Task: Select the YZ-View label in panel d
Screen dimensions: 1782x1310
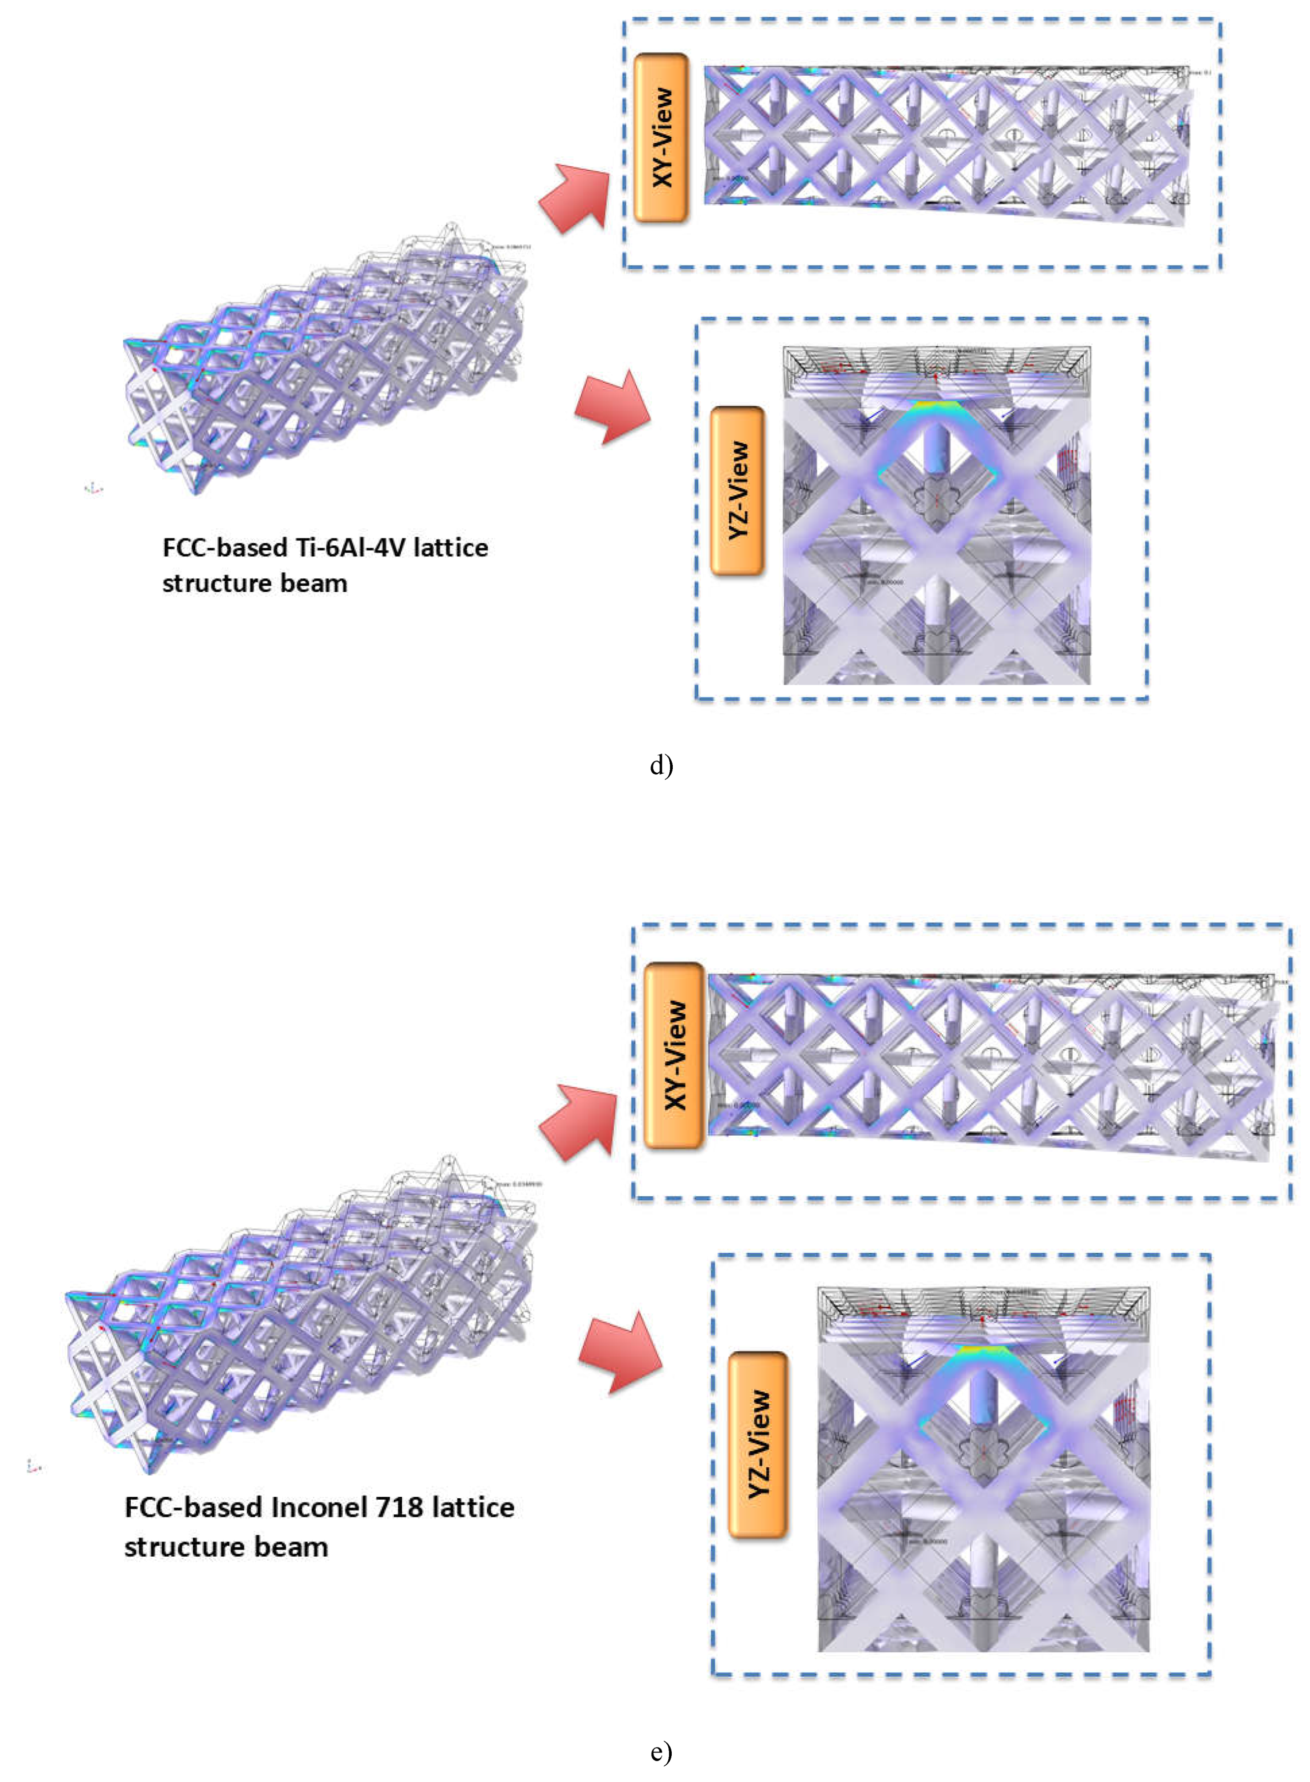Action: click(738, 491)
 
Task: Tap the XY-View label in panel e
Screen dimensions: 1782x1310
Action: click(674, 1056)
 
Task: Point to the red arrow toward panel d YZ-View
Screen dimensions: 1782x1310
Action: click(613, 407)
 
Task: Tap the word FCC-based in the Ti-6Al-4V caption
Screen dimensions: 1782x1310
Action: click(224, 548)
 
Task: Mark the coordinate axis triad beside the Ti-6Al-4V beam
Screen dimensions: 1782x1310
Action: click(93, 488)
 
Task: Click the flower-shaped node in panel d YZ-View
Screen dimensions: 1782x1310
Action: click(936, 500)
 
